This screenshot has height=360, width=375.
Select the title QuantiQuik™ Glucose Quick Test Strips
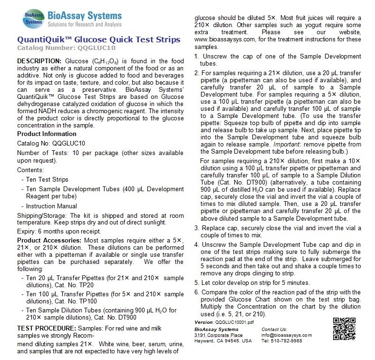pyautogui.click(x=98, y=39)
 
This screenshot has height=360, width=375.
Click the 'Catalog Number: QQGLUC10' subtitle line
pyautogui.click(x=66, y=48)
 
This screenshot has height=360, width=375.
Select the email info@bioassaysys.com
pyautogui.click(x=287, y=335)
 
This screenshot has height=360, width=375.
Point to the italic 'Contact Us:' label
pyautogui.click(x=274, y=329)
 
